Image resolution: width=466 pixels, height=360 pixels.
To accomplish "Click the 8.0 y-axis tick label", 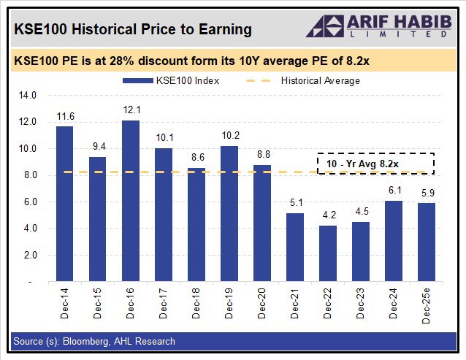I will click(x=30, y=175).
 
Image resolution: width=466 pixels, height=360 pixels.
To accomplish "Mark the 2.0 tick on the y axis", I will click(x=30, y=255).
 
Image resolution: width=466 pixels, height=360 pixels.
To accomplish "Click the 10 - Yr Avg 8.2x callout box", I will click(x=376, y=164).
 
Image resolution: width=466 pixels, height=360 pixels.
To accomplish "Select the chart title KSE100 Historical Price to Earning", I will click(x=132, y=29).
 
